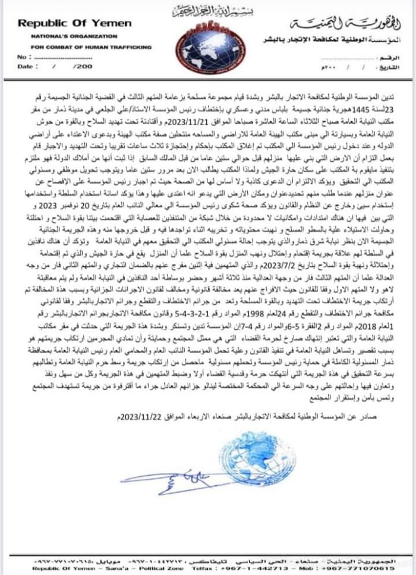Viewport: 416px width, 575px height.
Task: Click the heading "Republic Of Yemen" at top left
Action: (x=74, y=23)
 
